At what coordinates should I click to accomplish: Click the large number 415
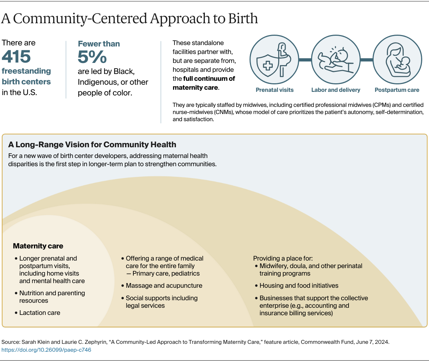click(x=16, y=56)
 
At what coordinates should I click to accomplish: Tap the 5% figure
click(x=92, y=57)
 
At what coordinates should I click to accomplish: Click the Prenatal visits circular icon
click(x=274, y=60)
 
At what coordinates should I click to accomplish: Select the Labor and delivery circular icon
click(x=336, y=60)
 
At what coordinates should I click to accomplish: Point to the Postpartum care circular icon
click(x=397, y=60)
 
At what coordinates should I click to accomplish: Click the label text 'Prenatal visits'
click(x=275, y=90)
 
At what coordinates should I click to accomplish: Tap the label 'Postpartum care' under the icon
click(x=397, y=90)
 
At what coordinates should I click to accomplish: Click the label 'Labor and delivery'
click(x=336, y=90)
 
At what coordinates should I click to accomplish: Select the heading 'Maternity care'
click(x=38, y=246)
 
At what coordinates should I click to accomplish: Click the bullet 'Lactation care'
click(x=40, y=313)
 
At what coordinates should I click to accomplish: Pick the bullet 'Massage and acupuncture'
click(x=164, y=286)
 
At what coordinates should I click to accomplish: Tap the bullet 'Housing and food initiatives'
click(x=299, y=286)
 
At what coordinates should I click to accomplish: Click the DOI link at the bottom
click(x=46, y=350)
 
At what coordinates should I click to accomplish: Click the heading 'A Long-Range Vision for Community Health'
click(x=92, y=144)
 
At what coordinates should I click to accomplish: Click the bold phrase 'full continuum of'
click(x=209, y=79)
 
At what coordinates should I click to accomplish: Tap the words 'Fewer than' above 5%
click(x=99, y=44)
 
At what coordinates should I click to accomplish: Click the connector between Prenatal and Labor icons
click(x=305, y=60)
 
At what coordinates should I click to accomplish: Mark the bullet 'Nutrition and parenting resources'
click(x=52, y=297)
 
